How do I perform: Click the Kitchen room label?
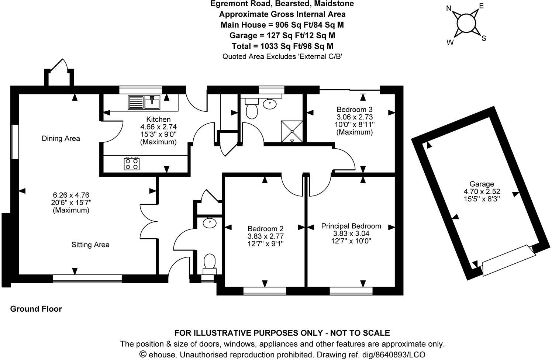(158, 120)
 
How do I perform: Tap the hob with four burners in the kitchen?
(132, 163)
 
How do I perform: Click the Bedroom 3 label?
(354, 110)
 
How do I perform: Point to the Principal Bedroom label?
(351, 226)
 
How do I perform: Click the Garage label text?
(482, 184)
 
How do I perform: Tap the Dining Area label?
(61, 139)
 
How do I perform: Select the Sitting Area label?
(90, 245)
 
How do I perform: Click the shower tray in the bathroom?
(292, 131)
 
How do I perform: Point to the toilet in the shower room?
(252, 110)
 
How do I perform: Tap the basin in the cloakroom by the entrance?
(210, 223)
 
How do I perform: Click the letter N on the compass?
(449, 8)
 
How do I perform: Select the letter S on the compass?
(484, 38)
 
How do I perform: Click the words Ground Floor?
(36, 309)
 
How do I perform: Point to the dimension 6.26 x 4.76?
(71, 195)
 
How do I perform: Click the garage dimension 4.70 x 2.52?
(482, 191)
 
